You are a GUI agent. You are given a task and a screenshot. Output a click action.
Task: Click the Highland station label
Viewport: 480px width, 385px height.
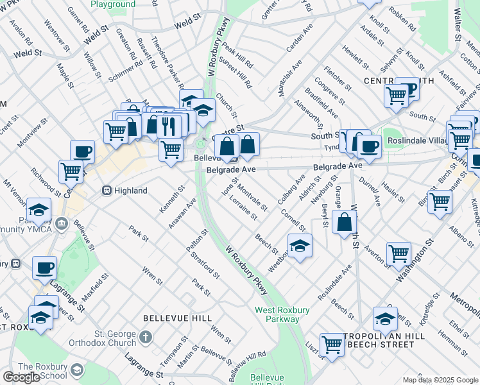click(x=132, y=191)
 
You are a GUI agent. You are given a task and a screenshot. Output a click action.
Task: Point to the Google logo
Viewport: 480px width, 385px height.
click(x=21, y=377)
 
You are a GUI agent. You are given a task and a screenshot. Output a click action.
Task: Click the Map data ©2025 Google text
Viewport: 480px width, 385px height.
click(x=440, y=380)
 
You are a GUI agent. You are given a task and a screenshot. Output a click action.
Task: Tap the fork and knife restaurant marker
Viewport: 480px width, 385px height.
click(x=169, y=124)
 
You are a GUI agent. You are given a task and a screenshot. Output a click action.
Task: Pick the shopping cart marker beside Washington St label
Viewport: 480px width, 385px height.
click(x=399, y=253)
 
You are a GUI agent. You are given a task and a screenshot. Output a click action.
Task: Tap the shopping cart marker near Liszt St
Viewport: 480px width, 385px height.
click(x=332, y=345)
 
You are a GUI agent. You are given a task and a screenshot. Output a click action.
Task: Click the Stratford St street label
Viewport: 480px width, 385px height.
click(x=205, y=264)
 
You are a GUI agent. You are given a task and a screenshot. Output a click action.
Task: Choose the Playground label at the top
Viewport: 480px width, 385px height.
click(x=113, y=4)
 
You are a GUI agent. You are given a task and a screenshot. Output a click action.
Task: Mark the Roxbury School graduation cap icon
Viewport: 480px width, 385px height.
click(x=77, y=370)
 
